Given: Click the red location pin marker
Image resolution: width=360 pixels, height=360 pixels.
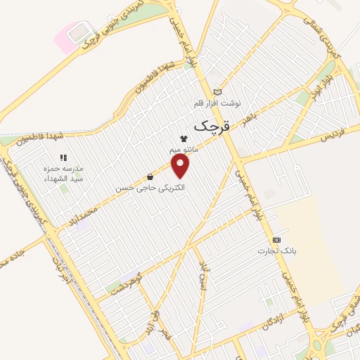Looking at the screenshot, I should pos(181,166).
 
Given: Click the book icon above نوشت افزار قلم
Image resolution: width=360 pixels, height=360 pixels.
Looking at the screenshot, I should pos(217,92).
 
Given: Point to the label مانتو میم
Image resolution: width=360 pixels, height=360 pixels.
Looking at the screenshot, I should pos(185,150).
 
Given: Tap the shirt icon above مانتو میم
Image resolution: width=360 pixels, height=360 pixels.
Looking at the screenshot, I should pos(184,139).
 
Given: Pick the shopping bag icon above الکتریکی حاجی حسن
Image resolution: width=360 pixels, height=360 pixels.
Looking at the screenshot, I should pos(150,177).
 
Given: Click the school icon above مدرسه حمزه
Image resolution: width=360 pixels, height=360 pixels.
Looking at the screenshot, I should pos(62,158).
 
